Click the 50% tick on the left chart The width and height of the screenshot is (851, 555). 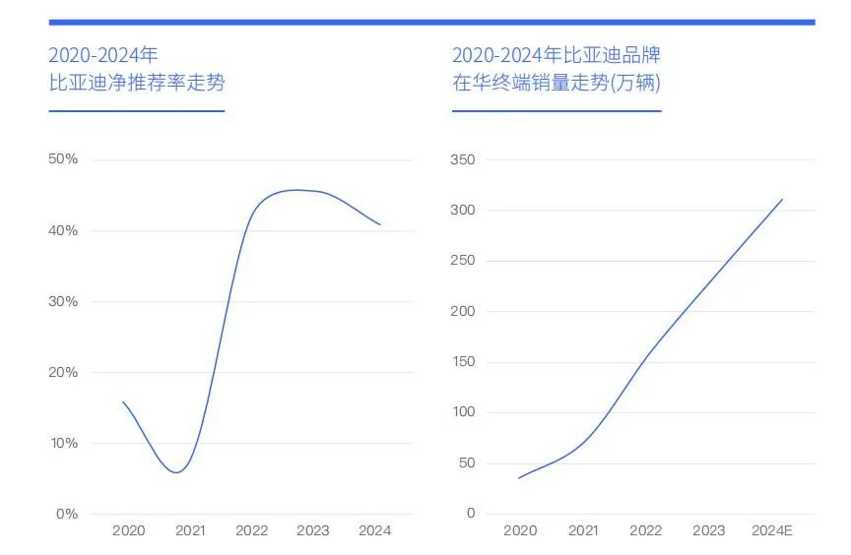[x=63, y=159]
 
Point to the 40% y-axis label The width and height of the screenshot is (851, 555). [x=63, y=230]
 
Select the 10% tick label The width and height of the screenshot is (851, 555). [x=63, y=443]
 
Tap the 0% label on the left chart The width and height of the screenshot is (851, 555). [x=66, y=514]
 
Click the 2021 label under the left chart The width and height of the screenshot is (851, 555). [x=190, y=530]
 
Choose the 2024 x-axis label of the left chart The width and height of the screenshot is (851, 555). [x=374, y=530]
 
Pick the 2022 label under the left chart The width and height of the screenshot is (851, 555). [x=251, y=530]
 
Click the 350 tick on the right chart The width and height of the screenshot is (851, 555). [x=462, y=159]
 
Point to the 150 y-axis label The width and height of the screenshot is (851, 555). [x=462, y=361]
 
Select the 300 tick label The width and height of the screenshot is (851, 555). [x=462, y=210]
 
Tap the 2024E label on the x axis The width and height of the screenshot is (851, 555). [x=771, y=530]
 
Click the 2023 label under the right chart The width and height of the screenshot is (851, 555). [x=708, y=530]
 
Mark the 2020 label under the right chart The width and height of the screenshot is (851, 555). [x=520, y=530]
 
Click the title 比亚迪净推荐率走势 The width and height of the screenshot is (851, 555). [x=137, y=83]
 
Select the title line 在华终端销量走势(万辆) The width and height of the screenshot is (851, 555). [x=556, y=83]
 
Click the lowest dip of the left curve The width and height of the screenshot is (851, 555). [x=176, y=472]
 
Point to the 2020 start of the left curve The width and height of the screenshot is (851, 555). [x=123, y=401]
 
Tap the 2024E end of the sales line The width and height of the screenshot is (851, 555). [x=783, y=199]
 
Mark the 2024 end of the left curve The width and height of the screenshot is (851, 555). [x=380, y=225]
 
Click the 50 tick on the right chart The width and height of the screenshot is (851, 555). [x=466, y=462]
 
